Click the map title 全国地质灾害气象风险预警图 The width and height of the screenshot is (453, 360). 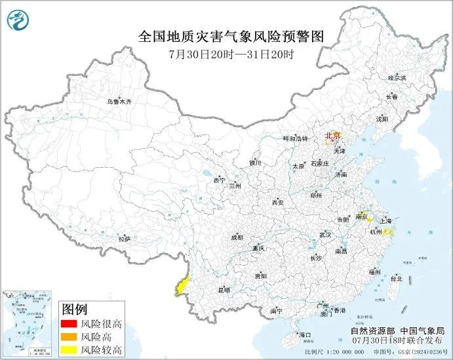coord(231,36)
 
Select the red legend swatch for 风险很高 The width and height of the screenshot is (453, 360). coord(68,324)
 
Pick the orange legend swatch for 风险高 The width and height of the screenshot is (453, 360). coord(68,336)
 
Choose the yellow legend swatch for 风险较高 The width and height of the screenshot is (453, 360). coord(68,350)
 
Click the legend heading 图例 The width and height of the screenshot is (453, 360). coord(75,309)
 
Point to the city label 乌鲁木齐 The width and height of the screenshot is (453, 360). coord(120,102)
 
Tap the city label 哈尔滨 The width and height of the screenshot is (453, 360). coord(397,77)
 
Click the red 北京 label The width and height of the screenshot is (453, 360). coord(334,136)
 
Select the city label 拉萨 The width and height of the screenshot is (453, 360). coord(125,240)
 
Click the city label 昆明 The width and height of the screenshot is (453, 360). coord(225,289)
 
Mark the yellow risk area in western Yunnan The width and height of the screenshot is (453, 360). coord(180,285)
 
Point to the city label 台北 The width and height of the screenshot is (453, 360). coord(397,278)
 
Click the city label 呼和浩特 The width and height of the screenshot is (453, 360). coord(294,139)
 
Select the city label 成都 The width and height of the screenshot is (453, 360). coord(237,237)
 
